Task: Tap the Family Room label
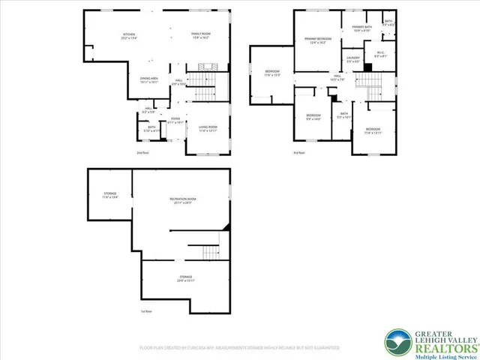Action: (x=200, y=37)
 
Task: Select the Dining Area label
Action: (x=148, y=79)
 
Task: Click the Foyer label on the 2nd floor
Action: (x=175, y=120)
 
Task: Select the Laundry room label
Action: (x=352, y=59)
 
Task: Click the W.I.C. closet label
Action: (x=380, y=54)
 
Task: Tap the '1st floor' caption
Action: (x=146, y=311)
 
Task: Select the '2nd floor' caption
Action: (x=142, y=153)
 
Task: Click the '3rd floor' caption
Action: (x=299, y=153)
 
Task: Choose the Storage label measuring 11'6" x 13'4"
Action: (x=110, y=196)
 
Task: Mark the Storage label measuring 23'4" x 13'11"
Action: (x=185, y=278)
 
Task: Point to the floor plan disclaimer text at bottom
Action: (x=239, y=348)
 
